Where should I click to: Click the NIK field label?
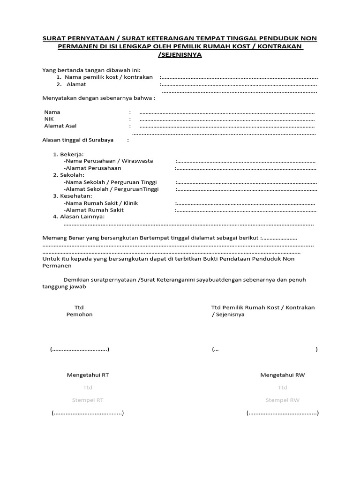click(x=49, y=119)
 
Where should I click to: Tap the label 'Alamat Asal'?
click(x=60, y=126)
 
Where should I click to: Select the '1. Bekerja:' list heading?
click(x=68, y=154)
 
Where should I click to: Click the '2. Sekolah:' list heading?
click(x=68, y=175)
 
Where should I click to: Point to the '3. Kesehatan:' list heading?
click(x=73, y=196)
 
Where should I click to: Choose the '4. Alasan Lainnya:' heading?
click(x=79, y=217)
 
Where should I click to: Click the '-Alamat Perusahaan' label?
click(x=92, y=168)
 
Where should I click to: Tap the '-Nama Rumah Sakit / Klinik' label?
click(x=101, y=203)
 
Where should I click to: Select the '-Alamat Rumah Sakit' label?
click(x=94, y=210)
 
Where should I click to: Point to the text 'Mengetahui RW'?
click(x=282, y=375)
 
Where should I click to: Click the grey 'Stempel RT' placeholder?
click(x=88, y=400)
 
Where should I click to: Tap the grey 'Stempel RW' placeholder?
click(x=282, y=400)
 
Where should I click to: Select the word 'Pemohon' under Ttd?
click(x=79, y=315)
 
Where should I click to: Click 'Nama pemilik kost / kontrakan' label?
click(x=108, y=77)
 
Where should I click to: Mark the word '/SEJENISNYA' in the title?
click(x=180, y=55)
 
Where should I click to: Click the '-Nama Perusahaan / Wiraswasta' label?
click(x=108, y=161)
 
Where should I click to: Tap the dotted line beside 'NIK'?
click(x=227, y=120)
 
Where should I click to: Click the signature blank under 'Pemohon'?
click(x=80, y=350)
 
